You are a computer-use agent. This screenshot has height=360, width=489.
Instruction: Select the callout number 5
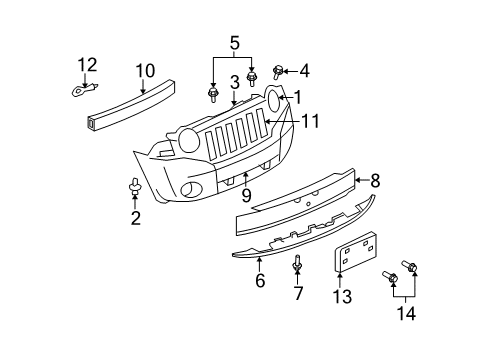coord(233,44)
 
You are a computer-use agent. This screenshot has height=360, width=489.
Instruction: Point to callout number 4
coord(304,71)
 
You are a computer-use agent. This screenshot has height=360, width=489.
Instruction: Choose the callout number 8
coord(375,181)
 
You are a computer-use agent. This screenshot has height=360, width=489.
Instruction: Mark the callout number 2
coord(134,217)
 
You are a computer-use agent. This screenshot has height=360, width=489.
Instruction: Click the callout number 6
coord(260,282)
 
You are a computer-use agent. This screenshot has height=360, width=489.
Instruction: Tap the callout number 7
coord(297,294)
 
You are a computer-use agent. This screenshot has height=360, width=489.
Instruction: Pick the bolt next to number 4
coord(279,71)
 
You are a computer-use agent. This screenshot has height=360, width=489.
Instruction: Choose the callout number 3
coord(233,83)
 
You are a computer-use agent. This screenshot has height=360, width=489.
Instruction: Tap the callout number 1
coord(297,96)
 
